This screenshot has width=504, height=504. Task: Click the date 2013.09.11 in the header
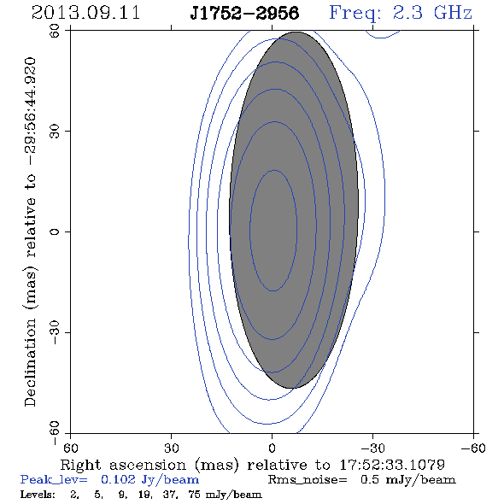pos(85,13)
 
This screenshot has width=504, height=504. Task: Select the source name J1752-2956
pos(244,14)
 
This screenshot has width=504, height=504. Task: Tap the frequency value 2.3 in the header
pos(407,13)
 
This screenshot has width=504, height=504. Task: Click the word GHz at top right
pos(454,13)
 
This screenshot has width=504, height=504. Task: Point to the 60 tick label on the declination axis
pos(55,31)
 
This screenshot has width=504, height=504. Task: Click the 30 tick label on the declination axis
pos(55,132)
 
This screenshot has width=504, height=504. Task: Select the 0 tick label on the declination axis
pos(55,231)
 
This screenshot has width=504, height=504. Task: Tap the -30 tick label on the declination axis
pos(55,332)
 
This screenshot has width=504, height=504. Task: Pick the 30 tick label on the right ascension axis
pos(172,448)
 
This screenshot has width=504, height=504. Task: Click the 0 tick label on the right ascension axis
pos(273,448)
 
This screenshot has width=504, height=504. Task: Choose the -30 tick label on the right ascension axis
pos(372,448)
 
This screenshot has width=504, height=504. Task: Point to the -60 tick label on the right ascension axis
pos(473,448)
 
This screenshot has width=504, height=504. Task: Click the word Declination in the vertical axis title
pos(30,362)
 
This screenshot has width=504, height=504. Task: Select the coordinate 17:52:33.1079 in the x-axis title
pos(392,465)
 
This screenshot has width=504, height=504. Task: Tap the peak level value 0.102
pos(118,479)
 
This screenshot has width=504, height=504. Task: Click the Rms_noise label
pos(308,480)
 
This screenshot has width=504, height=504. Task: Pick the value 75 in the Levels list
pos(195,495)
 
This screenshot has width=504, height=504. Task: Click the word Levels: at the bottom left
pos(38,495)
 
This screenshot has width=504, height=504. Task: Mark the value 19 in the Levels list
pos(144,495)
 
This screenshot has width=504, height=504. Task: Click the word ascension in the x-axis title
pos(148,465)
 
